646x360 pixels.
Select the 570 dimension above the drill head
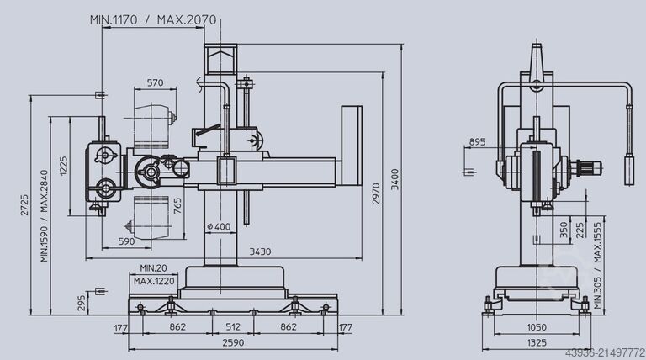click(x=154, y=82)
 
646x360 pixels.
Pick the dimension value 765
click(x=177, y=207)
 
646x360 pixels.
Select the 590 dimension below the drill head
click(x=126, y=242)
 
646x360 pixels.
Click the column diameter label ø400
click(x=219, y=227)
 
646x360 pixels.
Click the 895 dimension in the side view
click(x=477, y=141)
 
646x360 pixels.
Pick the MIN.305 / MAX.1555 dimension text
click(x=598, y=261)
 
